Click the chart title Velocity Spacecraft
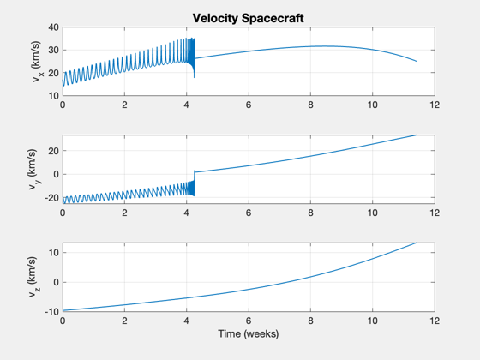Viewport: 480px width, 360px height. pos(248,18)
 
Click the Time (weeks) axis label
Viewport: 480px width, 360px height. pos(249,333)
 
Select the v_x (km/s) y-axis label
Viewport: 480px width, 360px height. pos(38,61)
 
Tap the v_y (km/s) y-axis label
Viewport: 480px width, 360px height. pos(34,170)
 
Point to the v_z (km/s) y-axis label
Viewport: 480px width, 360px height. pos(34,277)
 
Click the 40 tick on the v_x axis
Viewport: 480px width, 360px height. pos(53,27)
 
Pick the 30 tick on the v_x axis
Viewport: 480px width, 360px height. pos(53,50)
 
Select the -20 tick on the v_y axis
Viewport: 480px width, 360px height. pos(51,198)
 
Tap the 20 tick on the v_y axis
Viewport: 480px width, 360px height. pos(53,151)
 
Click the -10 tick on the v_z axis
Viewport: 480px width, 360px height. pos(51,312)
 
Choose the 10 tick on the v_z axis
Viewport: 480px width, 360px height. pos(53,253)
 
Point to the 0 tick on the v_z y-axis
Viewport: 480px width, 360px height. pos(56,282)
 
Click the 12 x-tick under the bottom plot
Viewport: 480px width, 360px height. pos(435,321)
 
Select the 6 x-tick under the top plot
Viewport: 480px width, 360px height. pos(249,105)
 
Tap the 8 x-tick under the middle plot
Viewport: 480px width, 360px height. pos(310,213)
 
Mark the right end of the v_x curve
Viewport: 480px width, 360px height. pos(417,61)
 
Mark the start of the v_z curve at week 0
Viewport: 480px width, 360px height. pos(63,310)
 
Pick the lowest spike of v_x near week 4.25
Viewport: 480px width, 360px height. pos(194,77)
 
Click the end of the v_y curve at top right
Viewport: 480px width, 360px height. pos(417,135)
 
